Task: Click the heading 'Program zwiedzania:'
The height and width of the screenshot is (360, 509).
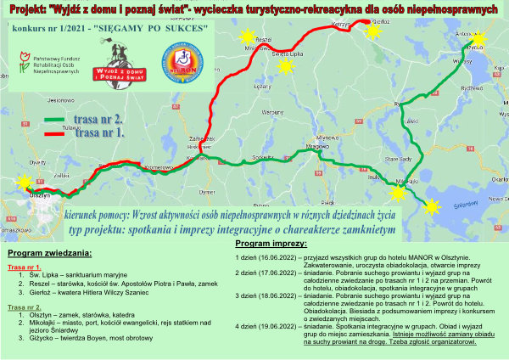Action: coord(50,254)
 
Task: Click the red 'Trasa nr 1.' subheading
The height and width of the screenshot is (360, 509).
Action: coord(25,267)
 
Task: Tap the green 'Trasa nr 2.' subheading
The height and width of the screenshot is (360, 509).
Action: coord(25,307)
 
